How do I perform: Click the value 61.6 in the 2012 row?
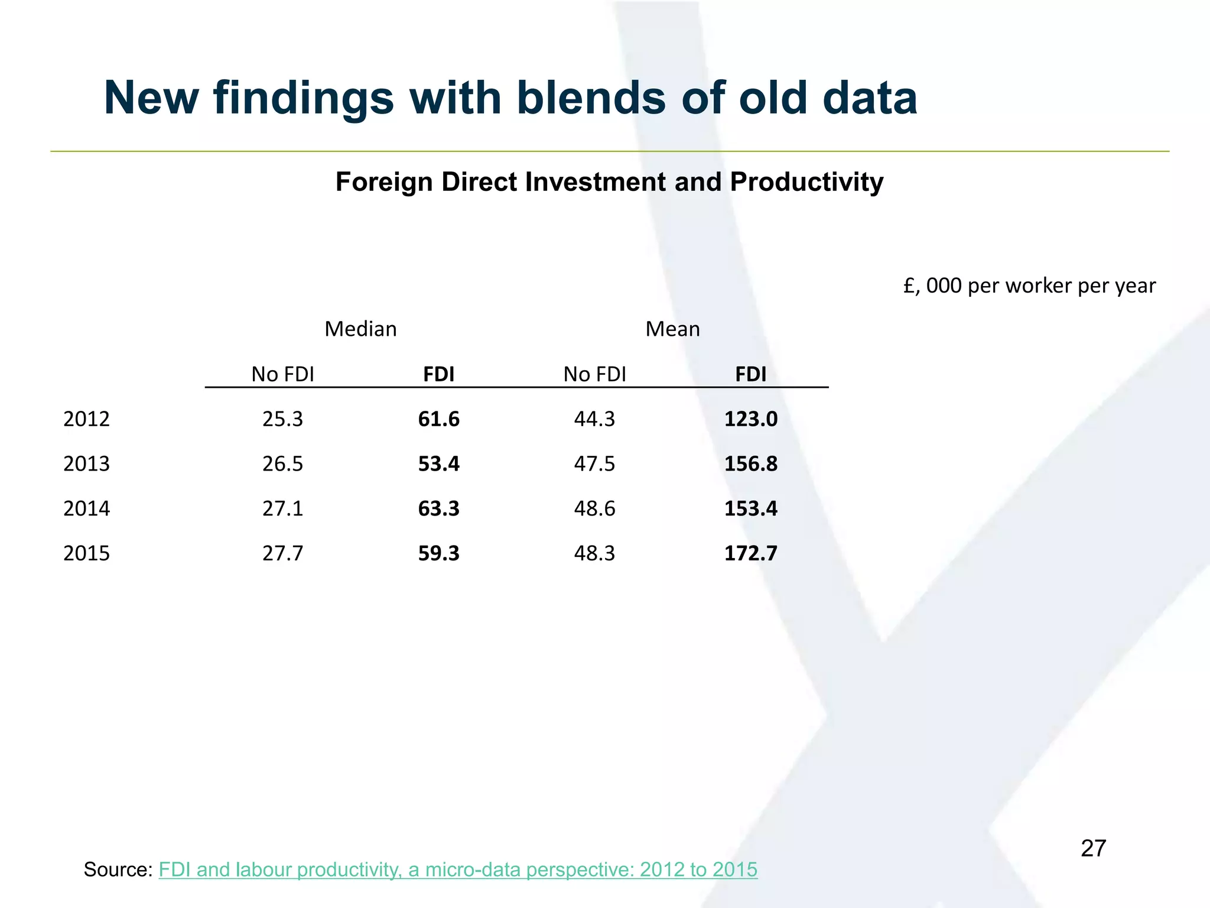click(438, 419)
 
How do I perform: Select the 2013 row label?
click(86, 463)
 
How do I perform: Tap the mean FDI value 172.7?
click(750, 553)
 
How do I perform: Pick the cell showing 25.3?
click(282, 419)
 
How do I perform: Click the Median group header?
click(360, 329)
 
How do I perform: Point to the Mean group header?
click(672, 329)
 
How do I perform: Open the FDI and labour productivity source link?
click(458, 870)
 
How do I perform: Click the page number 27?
click(1093, 848)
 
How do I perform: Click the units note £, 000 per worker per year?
click(1029, 286)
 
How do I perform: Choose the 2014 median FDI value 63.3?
click(438, 508)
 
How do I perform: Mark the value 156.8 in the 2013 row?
click(750, 463)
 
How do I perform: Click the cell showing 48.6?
click(594, 508)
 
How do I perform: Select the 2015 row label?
click(86, 553)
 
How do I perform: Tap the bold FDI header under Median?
click(438, 374)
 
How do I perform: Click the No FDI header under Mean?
click(594, 374)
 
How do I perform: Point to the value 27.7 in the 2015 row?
click(282, 553)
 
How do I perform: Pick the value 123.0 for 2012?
click(750, 419)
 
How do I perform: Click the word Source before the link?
click(118, 870)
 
